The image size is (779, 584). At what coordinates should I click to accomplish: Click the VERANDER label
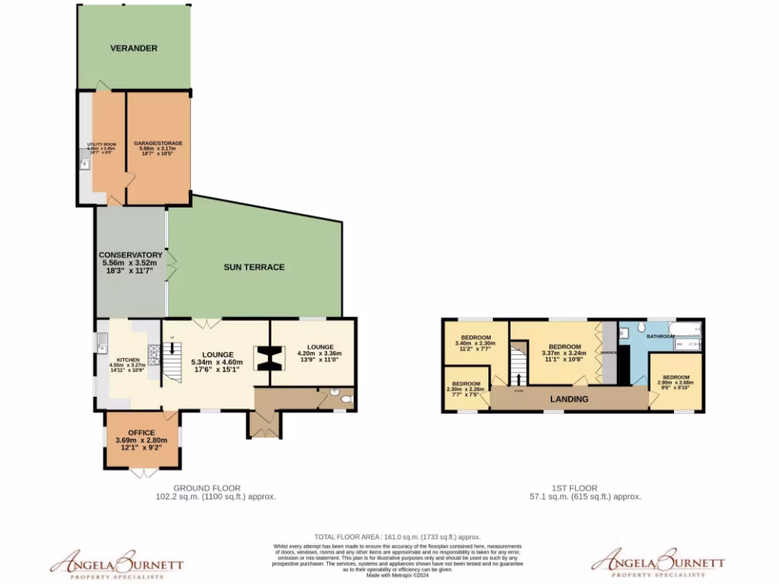(x=133, y=48)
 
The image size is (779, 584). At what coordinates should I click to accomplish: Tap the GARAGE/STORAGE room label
(x=158, y=143)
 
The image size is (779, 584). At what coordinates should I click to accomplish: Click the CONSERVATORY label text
(x=130, y=255)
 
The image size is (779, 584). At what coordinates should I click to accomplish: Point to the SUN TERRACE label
(x=254, y=267)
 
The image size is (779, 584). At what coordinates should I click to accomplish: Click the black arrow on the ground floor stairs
(x=172, y=348)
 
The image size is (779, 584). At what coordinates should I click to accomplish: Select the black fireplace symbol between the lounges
(x=266, y=359)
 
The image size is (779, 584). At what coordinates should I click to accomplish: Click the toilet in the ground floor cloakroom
(x=346, y=398)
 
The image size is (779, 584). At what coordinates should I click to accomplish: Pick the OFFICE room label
(x=141, y=433)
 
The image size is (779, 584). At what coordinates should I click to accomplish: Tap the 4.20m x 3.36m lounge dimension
(x=319, y=354)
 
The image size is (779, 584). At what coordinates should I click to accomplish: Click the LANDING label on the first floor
(x=569, y=399)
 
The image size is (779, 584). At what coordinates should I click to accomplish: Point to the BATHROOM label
(x=660, y=335)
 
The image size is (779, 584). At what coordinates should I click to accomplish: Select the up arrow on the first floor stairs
(x=519, y=378)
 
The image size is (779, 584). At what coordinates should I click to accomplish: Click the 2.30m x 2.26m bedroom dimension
(x=466, y=390)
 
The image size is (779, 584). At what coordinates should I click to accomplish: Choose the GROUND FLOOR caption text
(x=207, y=488)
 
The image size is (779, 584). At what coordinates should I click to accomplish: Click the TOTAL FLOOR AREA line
(x=397, y=536)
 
